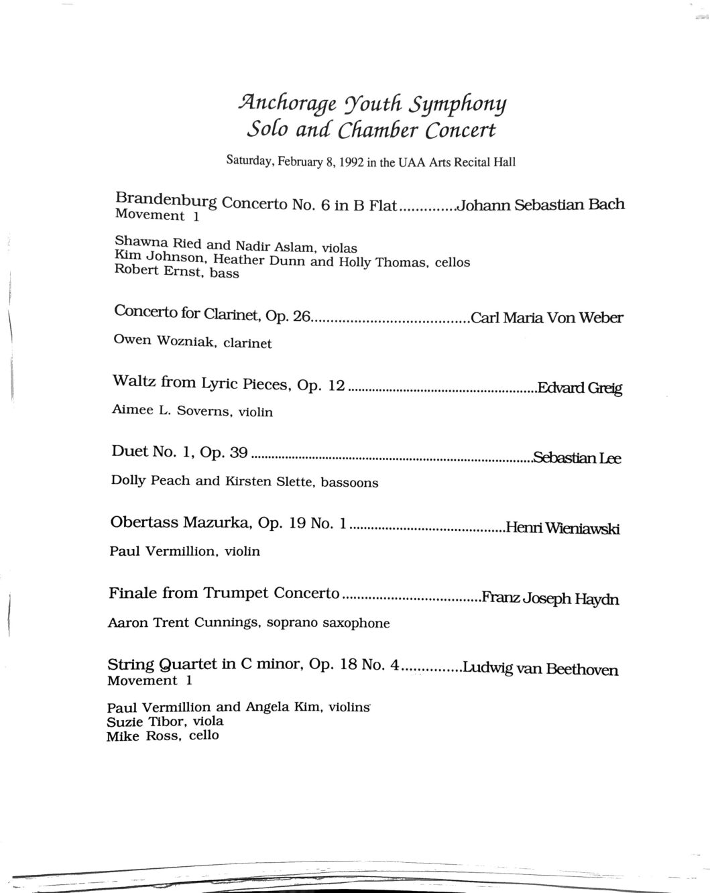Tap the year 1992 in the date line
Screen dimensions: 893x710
(x=349, y=162)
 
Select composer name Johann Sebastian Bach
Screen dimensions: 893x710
(x=540, y=205)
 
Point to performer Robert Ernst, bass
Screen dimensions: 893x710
(x=176, y=272)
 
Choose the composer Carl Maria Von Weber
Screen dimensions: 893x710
(x=547, y=317)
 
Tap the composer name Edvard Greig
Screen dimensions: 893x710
(x=580, y=388)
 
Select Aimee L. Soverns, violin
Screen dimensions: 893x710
(x=192, y=410)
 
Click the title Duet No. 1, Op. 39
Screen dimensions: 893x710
(x=180, y=453)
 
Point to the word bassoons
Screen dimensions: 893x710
(x=349, y=482)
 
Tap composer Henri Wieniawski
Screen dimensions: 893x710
(x=563, y=528)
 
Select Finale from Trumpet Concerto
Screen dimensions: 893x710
(x=224, y=593)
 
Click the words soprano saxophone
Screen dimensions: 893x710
(x=328, y=623)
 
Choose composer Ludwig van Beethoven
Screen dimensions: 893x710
(x=540, y=669)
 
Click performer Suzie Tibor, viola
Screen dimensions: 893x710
(x=165, y=721)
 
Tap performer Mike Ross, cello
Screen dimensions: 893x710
(x=162, y=736)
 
